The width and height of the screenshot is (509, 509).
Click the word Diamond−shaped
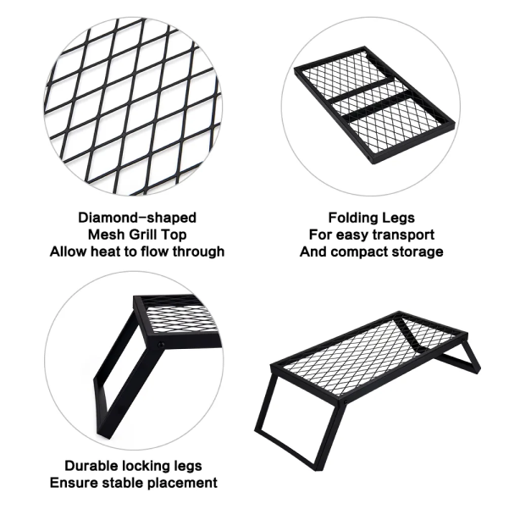pos(137,218)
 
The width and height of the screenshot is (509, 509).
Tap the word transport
pos(403,235)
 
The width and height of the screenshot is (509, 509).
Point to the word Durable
pos(91,466)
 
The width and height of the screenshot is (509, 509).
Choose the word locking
pos(147,466)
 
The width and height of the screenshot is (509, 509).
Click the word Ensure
pos(74,483)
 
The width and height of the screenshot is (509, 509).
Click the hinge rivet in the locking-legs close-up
pos(161,345)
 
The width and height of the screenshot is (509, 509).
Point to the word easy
pos(352,235)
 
